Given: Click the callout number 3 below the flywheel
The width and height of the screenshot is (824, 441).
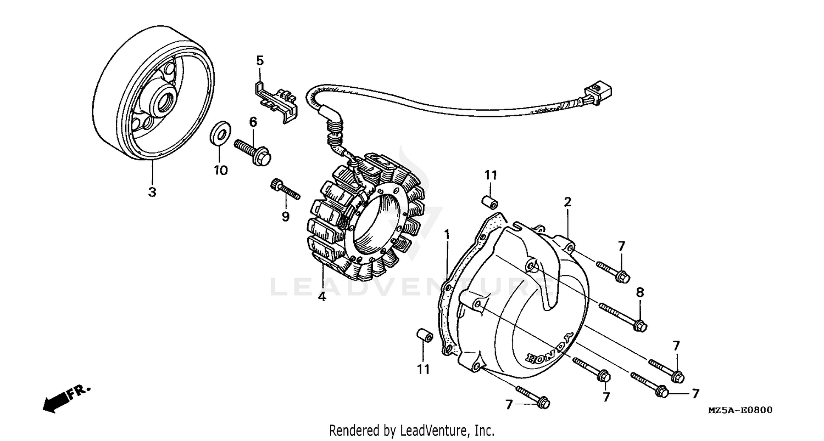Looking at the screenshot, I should (152, 192).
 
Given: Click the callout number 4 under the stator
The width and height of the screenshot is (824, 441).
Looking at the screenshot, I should (322, 297).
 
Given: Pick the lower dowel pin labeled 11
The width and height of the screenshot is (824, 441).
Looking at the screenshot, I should (422, 335).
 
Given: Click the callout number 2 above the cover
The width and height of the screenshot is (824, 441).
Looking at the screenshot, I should (567, 202).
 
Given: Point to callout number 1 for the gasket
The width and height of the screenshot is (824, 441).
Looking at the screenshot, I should (447, 234).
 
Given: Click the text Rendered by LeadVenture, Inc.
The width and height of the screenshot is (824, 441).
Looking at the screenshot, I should (411, 430).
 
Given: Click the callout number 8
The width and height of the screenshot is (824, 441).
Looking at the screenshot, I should (639, 292).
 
